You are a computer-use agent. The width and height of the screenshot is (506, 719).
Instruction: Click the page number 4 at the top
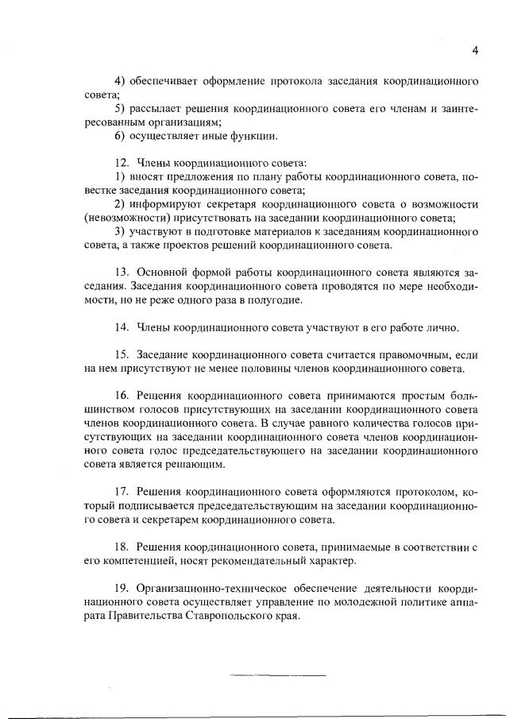474,50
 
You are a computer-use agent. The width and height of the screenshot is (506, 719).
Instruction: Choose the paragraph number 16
122,396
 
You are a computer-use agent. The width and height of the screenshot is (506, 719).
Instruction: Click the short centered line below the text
278,676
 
